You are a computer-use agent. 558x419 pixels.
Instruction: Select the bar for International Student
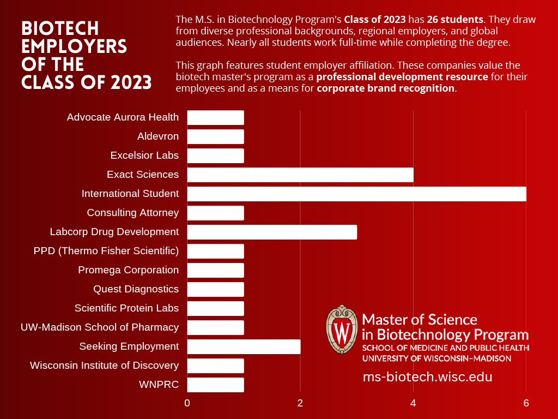[x=356, y=194]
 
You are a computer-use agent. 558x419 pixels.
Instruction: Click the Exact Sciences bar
[x=300, y=175]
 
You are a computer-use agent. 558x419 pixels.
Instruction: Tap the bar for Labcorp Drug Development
[x=272, y=232]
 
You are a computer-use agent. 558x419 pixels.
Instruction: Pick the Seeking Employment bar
[x=244, y=346]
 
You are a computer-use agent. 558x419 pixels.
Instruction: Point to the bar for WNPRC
[x=215, y=385]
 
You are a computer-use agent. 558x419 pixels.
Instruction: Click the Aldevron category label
[x=158, y=136]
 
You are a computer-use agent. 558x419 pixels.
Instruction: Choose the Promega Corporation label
[x=128, y=270]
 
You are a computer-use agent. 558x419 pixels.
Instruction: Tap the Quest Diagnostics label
[x=136, y=289]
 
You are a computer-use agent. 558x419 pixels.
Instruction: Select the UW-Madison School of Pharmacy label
[x=100, y=327]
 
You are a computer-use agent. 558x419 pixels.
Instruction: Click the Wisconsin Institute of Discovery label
[x=104, y=366]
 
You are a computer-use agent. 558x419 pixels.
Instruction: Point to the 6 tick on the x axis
[x=526, y=404]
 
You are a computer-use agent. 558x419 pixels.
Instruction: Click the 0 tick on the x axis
[x=187, y=404]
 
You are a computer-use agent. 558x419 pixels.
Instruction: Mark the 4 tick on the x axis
[x=413, y=404]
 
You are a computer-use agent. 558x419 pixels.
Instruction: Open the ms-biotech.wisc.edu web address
[x=427, y=377]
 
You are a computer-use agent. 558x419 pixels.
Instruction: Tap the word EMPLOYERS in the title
[x=74, y=46]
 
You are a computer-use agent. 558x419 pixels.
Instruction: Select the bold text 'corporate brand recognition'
[x=386, y=88]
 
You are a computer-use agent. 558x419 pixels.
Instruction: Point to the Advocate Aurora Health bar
[x=215, y=117]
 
